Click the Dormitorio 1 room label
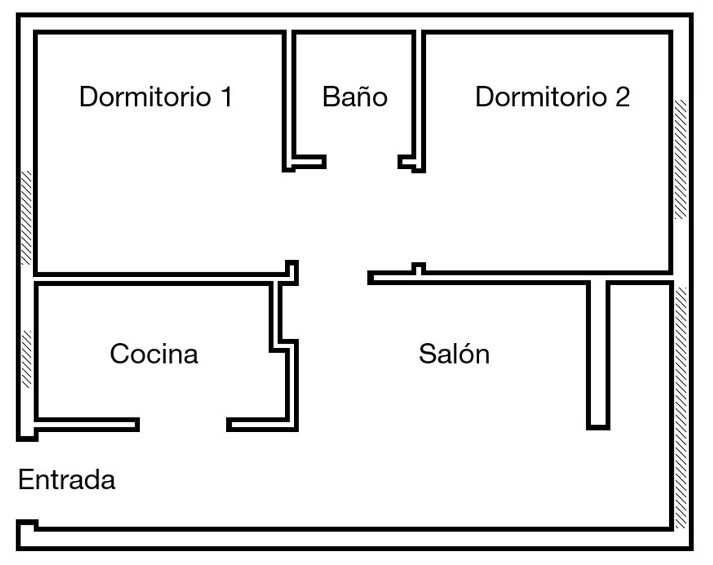tap(155, 97)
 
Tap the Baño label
tap(355, 97)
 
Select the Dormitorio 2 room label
tap(552, 97)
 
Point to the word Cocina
tap(154, 354)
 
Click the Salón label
tap(454, 354)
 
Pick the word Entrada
tap(67, 479)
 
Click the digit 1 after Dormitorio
tap(226, 97)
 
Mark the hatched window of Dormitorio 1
tap(26, 217)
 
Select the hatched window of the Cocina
tap(27, 359)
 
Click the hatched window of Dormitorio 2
tap(681, 159)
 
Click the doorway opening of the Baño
tap(362, 162)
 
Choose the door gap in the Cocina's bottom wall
tap(183, 425)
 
